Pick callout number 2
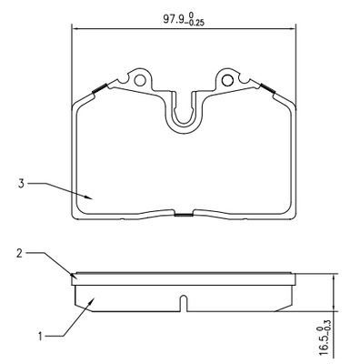coord(19,255)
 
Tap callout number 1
coord(19,336)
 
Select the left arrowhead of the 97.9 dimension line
coord(74,28)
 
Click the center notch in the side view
coord(184,304)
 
